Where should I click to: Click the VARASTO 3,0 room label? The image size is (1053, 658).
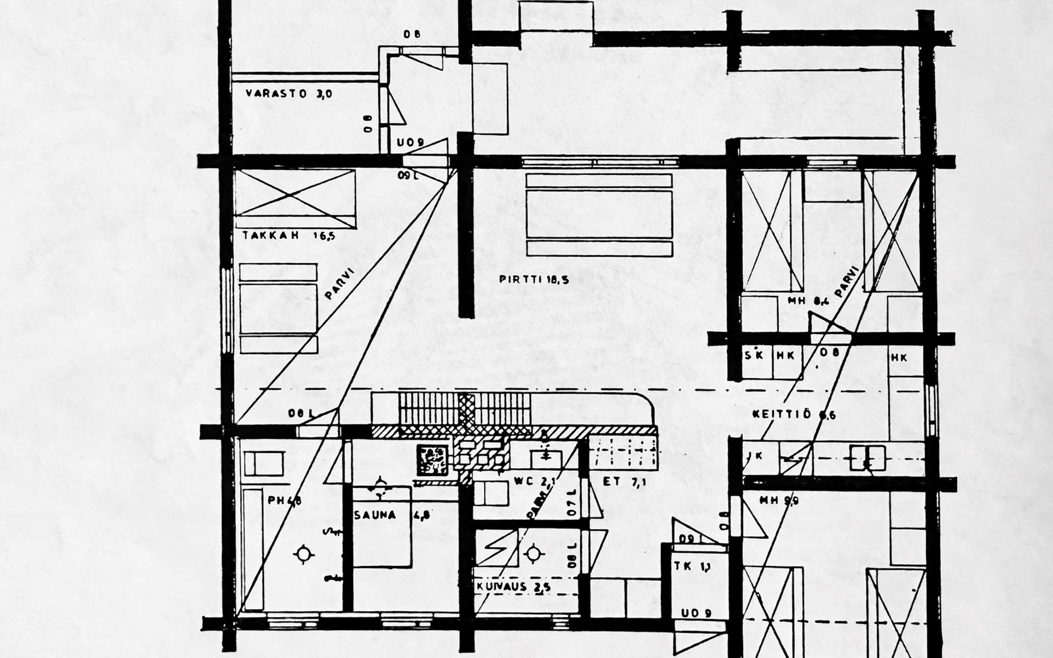[288, 94]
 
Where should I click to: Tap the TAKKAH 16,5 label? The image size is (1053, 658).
[288, 236]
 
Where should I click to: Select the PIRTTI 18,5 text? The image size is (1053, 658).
[534, 279]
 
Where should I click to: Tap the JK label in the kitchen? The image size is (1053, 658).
[755, 455]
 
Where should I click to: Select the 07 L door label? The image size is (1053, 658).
[572, 501]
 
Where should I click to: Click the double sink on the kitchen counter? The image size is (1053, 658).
[867, 458]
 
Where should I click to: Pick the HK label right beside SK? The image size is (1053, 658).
[785, 356]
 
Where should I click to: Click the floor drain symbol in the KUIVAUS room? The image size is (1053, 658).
[533, 554]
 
